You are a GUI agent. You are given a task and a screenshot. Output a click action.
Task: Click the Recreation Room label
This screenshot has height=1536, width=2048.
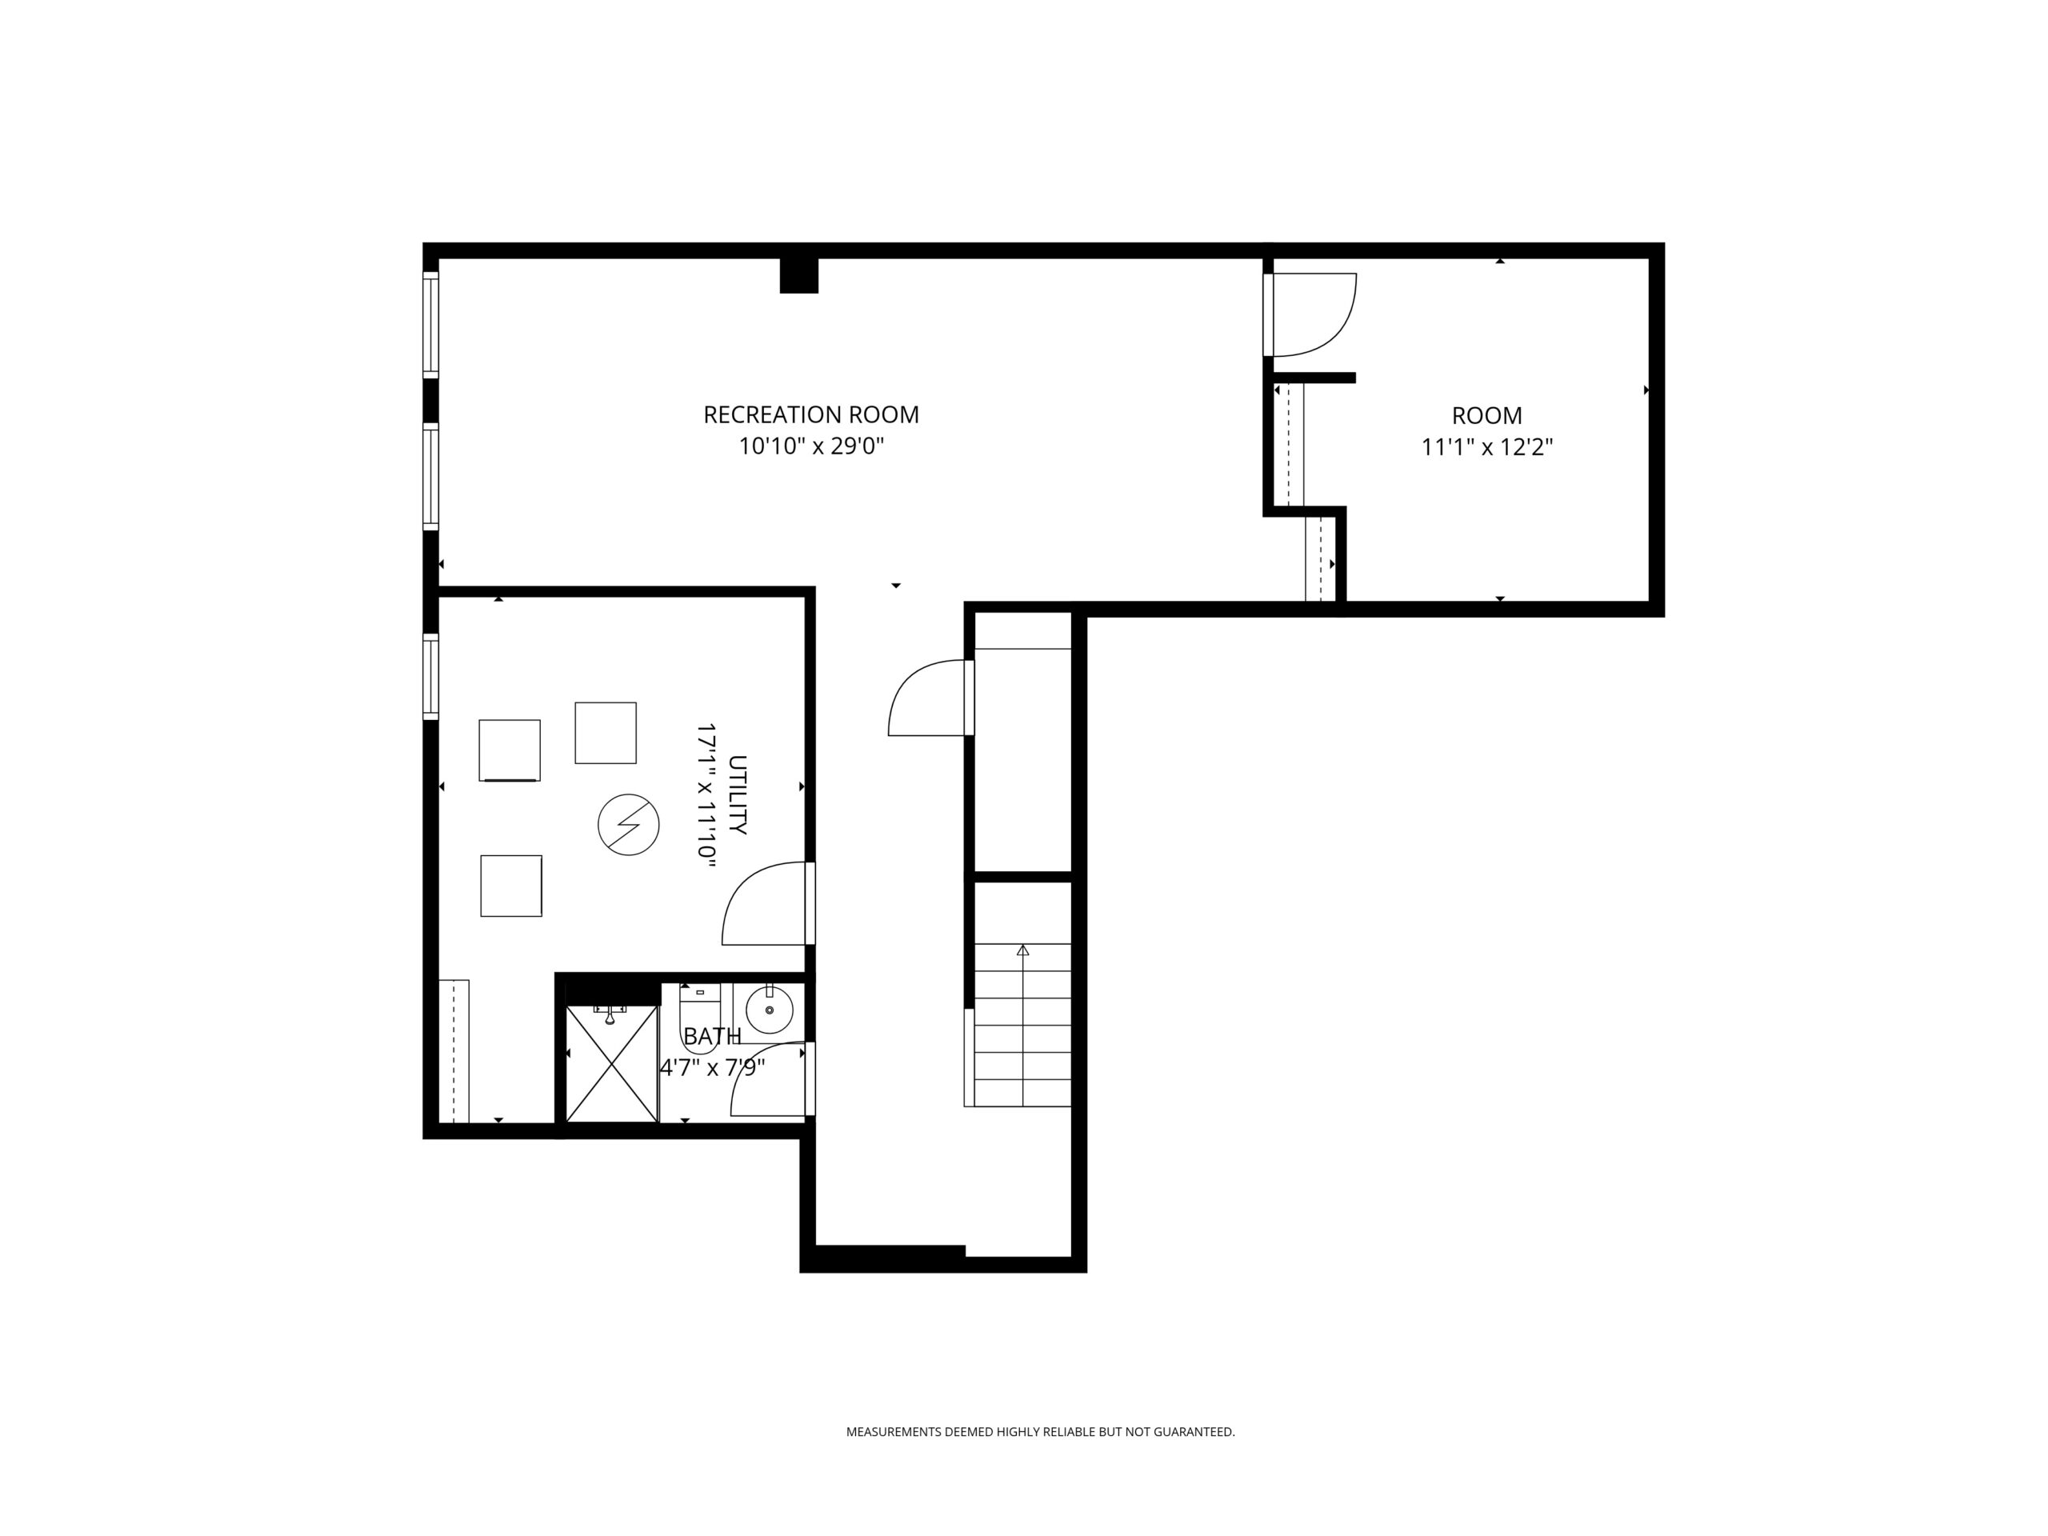[811, 414]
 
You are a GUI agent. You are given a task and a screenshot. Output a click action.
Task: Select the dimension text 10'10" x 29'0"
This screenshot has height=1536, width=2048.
[811, 446]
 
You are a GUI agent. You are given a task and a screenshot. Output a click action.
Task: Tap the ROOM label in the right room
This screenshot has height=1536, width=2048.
[1486, 416]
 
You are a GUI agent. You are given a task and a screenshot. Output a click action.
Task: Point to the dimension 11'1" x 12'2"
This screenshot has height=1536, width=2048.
[1486, 447]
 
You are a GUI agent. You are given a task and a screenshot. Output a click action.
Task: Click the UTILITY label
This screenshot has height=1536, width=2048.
[737, 795]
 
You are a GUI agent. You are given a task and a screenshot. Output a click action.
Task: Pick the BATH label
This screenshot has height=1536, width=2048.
[712, 1036]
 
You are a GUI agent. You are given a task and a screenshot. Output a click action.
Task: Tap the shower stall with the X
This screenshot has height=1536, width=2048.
[611, 1063]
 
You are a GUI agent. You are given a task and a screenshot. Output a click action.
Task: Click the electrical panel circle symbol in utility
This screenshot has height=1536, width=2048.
[629, 824]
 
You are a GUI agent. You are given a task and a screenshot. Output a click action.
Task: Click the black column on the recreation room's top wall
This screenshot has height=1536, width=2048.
[799, 275]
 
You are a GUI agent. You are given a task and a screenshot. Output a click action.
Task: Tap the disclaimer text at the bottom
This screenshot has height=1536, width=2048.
[1040, 1432]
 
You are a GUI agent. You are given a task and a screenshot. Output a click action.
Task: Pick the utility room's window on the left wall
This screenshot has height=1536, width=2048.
[430, 677]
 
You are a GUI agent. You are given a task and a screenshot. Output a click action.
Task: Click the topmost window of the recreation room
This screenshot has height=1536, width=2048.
[430, 324]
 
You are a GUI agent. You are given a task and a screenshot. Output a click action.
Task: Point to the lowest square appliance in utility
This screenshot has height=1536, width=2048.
[511, 886]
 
